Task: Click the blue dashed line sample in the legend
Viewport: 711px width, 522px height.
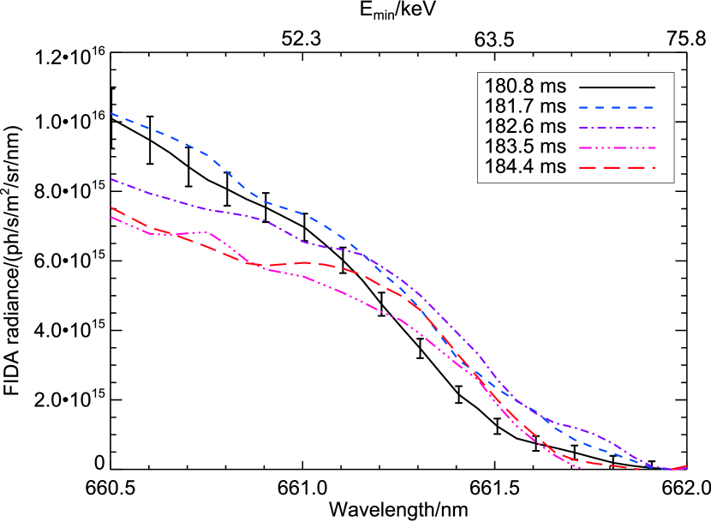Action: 616,108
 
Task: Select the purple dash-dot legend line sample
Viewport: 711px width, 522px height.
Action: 616,128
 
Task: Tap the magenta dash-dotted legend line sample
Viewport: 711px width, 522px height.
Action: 616,147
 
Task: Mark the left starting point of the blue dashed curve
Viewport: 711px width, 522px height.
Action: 111,113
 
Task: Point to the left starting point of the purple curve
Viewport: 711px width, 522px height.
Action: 111,179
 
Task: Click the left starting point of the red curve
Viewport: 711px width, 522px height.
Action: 111,207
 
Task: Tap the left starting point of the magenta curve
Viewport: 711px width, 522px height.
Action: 111,217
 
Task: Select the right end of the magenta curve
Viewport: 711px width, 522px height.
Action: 580,468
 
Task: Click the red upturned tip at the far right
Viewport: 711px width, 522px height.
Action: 686,466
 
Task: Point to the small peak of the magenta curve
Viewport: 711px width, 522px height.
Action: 207,232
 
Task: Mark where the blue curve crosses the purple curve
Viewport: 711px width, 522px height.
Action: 367,255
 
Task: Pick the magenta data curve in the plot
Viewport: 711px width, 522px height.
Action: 343,292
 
